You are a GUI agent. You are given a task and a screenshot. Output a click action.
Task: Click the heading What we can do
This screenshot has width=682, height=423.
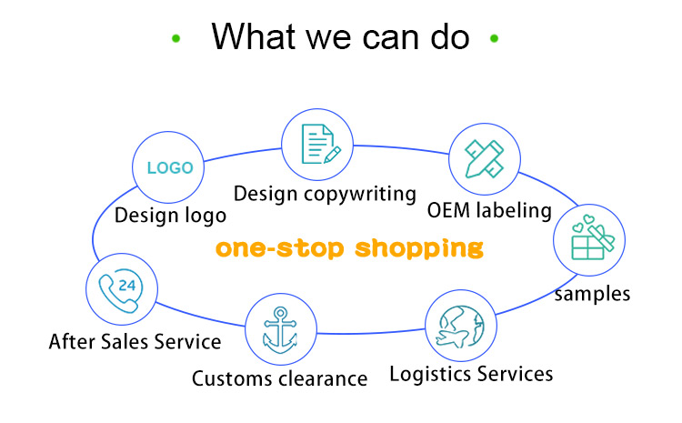[340, 36]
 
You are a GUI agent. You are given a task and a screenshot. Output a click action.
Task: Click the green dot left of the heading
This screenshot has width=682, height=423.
[176, 38]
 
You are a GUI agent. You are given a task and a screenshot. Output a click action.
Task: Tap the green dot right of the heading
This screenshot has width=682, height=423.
[495, 38]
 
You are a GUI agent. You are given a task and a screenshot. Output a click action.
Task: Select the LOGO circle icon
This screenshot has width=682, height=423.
[170, 168]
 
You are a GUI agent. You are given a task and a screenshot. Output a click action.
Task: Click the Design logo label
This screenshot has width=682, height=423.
[170, 216]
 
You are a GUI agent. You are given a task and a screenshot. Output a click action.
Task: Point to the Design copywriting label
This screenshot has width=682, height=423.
[325, 194]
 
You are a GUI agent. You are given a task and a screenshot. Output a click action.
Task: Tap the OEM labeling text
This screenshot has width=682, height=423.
[489, 210]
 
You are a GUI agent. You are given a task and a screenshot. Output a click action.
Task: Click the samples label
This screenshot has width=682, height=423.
[592, 294]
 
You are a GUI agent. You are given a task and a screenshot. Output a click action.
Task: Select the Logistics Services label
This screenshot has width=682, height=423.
[471, 373]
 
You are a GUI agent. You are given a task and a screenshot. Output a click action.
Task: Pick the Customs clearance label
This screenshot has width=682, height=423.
[279, 378]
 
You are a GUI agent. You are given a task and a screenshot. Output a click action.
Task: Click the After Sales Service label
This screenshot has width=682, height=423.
[135, 342]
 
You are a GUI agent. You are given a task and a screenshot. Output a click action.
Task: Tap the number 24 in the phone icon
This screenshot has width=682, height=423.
[127, 285]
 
